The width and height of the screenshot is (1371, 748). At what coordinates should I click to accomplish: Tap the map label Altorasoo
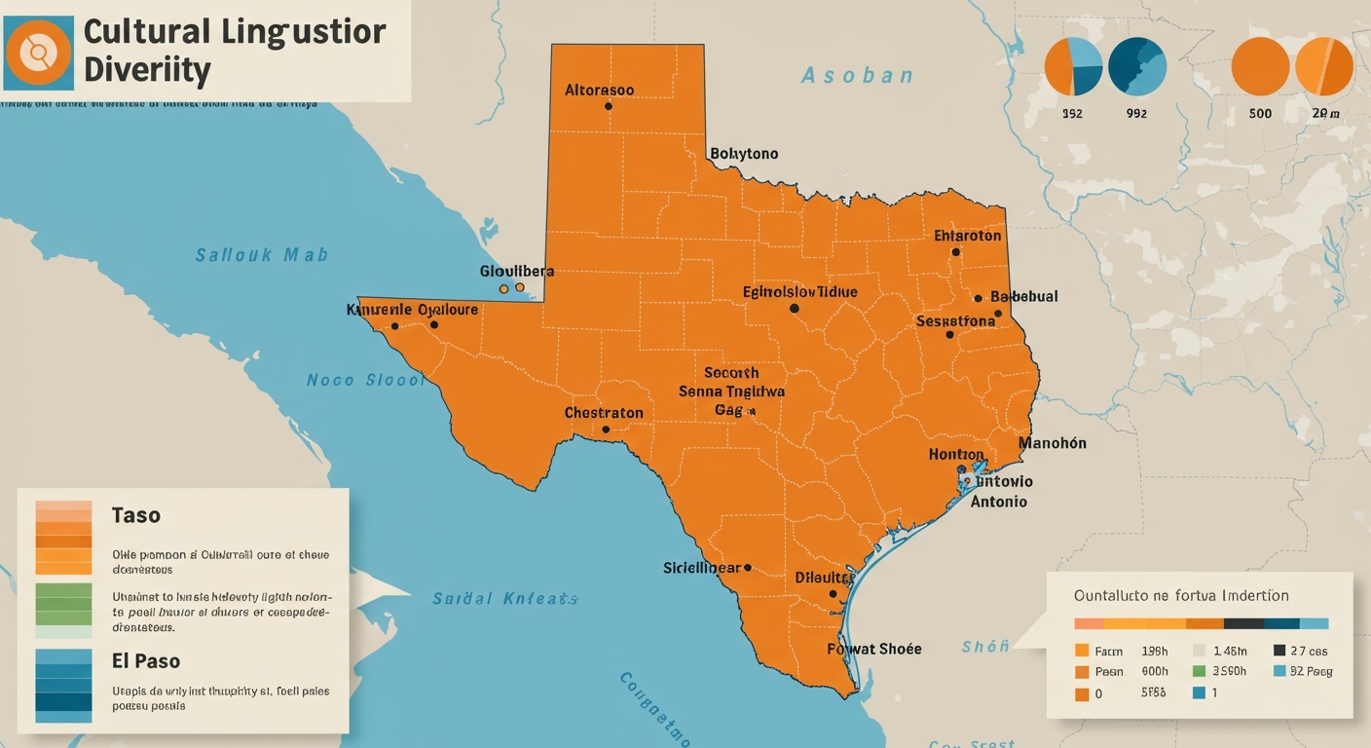[599, 90]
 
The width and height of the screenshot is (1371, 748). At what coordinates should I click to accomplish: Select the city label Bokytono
[744, 154]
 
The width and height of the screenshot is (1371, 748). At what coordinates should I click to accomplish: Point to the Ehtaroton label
[967, 236]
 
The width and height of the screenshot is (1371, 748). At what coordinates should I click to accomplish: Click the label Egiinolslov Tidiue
[799, 291]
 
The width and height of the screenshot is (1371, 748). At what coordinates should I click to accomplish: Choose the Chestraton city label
[604, 413]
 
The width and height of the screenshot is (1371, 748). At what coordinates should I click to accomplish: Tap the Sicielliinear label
[702, 567]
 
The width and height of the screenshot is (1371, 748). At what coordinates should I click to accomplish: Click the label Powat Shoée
[873, 649]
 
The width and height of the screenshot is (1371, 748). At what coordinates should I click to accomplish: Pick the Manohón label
[1052, 443]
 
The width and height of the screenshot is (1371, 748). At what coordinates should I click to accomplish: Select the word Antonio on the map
[998, 502]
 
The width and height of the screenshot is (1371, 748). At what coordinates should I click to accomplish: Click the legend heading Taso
[135, 515]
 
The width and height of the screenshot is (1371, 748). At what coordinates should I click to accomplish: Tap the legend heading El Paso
[145, 660]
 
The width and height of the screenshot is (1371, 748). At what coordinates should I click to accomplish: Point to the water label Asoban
[857, 75]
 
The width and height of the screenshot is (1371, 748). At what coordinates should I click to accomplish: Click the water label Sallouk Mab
[261, 255]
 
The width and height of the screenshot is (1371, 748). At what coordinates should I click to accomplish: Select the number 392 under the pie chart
[1071, 113]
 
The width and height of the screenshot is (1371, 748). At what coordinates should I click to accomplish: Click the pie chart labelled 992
[1136, 66]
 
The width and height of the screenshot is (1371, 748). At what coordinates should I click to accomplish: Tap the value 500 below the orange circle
[1260, 113]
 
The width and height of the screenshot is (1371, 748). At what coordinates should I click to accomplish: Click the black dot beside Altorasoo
[609, 105]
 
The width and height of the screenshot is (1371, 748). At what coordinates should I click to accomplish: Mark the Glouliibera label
[516, 271]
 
